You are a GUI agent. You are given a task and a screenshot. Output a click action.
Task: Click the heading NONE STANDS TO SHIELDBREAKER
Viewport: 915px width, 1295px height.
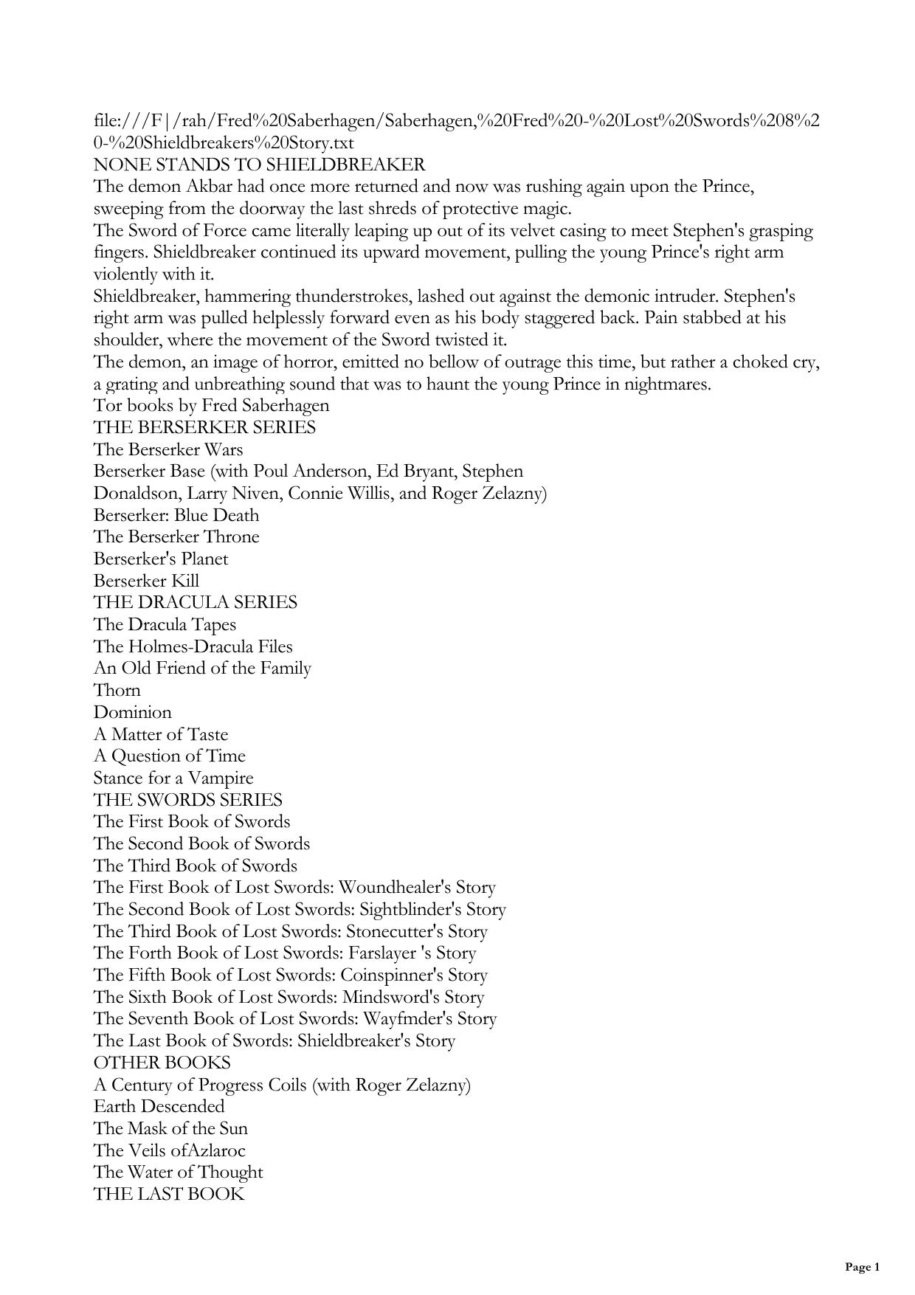point(259,165)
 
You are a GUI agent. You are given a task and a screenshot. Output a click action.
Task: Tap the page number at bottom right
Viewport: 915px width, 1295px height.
point(862,1268)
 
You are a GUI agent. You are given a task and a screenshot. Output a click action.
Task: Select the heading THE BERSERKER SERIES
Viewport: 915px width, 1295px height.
point(204,428)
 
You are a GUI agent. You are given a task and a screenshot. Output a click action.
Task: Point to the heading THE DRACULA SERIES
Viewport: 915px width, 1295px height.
point(196,603)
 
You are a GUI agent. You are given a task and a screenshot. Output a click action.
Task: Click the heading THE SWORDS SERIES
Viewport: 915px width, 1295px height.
point(187,800)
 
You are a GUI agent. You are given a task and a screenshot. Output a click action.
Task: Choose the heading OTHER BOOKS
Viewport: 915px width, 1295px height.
point(162,1063)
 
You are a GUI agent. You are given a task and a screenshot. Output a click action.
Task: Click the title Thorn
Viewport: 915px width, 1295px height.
point(117,691)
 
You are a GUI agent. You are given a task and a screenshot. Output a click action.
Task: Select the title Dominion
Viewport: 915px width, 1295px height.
point(132,713)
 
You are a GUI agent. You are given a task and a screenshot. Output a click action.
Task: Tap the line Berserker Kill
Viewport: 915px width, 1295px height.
point(146,581)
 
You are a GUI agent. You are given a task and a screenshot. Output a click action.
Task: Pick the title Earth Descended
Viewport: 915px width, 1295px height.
point(159,1107)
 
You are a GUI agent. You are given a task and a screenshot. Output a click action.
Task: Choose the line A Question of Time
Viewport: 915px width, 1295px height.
point(169,756)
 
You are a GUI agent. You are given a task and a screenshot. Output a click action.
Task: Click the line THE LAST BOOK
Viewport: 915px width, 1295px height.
point(169,1195)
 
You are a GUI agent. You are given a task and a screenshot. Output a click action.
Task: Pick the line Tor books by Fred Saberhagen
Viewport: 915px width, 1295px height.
point(211,406)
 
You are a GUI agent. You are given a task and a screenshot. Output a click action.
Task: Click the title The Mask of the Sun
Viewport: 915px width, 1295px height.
point(170,1129)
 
